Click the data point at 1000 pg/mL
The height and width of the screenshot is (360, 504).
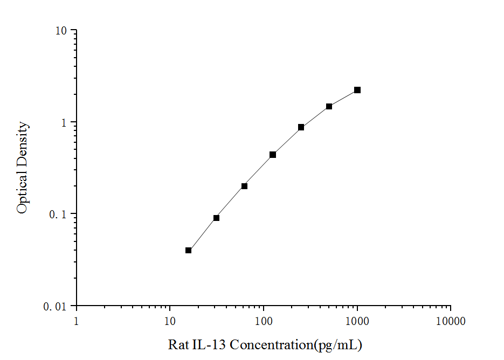point(357,90)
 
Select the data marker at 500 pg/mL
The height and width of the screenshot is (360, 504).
point(329,106)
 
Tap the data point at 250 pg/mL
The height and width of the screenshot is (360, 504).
point(301,127)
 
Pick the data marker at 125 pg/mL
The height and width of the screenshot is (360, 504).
point(273,155)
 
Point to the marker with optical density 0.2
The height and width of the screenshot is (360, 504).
point(244,186)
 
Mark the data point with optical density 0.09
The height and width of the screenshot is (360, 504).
point(216,218)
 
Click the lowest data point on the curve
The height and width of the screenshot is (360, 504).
point(188,250)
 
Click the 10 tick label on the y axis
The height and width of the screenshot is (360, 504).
point(60,31)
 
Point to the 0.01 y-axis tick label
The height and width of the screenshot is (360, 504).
point(55,307)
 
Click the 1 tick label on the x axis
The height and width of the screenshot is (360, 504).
point(76,322)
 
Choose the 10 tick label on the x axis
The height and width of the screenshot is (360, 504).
point(170,322)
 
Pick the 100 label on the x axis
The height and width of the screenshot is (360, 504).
point(264,322)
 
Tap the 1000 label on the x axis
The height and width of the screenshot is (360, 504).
point(357,322)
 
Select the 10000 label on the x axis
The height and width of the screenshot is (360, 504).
point(451,322)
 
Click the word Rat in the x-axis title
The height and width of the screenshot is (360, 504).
point(178,344)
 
